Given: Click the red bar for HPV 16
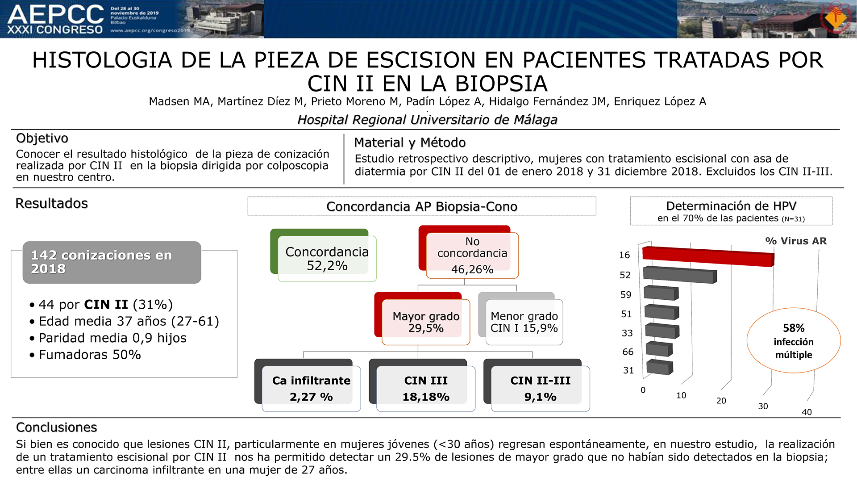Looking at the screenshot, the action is [708, 256].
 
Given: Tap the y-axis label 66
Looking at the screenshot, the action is [628, 352].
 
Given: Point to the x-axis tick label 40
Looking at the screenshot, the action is [807, 412].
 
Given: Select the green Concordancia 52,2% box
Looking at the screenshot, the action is [324, 255].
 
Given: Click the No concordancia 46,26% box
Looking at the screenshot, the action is [469, 252].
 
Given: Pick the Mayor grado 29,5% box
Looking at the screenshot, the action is [422, 319].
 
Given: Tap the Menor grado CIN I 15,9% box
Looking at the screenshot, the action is [520, 319].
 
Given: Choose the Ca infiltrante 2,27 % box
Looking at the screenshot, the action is [308, 385].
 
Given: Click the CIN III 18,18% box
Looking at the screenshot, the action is [422, 385].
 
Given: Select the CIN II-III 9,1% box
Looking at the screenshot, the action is [537, 385].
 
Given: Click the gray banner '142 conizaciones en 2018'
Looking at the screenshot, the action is [112, 262].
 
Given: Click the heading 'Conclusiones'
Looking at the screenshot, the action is [57, 428].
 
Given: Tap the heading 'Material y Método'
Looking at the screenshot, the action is [410, 143].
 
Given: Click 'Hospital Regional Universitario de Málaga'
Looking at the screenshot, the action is [428, 120].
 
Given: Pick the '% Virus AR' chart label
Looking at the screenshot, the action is [796, 241].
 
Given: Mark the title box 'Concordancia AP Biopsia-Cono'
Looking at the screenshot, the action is [422, 206].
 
